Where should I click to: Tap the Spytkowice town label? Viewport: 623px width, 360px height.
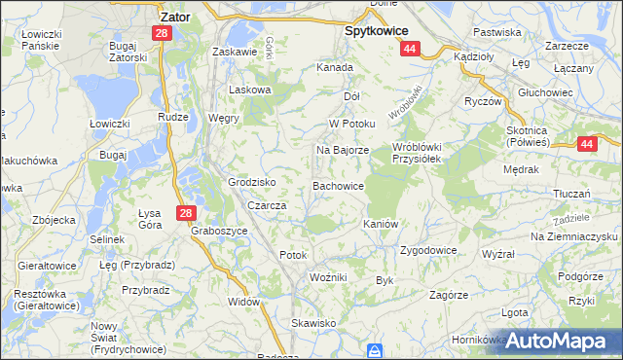(377, 30)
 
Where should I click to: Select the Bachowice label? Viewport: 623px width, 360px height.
(338, 185)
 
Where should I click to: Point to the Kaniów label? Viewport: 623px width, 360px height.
(381, 224)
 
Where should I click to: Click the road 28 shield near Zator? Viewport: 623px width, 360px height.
(161, 33)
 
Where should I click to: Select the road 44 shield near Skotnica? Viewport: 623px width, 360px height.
(586, 144)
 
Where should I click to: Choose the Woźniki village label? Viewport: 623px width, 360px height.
(328, 277)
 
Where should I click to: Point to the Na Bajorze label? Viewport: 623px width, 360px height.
(342, 151)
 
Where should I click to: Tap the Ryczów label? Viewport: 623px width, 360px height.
(482, 101)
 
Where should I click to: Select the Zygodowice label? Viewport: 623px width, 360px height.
(428, 250)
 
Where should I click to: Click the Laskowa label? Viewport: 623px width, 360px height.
(248, 90)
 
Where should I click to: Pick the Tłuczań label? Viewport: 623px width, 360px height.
(573, 194)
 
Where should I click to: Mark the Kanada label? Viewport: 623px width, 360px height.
(334, 68)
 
